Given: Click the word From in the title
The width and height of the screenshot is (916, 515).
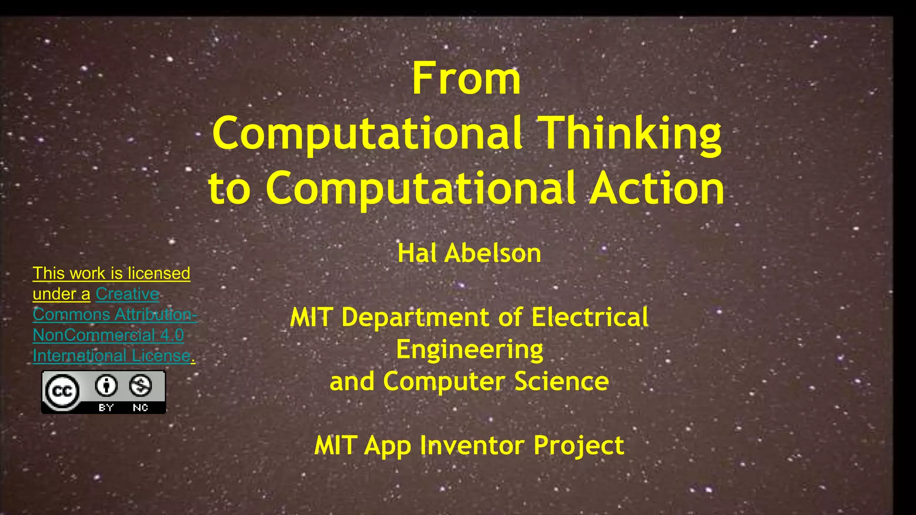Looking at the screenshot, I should [466, 80].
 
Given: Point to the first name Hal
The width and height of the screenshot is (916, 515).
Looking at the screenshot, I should [417, 253].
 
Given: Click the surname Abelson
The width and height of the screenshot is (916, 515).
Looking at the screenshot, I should [493, 253].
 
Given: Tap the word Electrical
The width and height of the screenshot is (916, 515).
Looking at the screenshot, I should [589, 317].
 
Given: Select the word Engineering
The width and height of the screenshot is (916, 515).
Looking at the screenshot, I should [469, 350].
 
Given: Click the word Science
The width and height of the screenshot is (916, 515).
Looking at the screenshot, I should [561, 381].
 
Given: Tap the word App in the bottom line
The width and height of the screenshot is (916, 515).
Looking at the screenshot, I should [387, 446].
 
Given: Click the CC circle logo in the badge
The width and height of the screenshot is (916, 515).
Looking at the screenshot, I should [62, 392].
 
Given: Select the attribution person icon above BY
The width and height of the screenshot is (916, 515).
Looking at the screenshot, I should [106, 385].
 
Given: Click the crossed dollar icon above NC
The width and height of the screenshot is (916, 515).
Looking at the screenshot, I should [140, 385].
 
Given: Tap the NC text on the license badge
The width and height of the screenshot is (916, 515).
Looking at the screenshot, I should [140, 407].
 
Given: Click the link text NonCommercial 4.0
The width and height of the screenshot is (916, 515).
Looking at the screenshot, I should [108, 335].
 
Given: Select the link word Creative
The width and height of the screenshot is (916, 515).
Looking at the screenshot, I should [127, 294].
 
